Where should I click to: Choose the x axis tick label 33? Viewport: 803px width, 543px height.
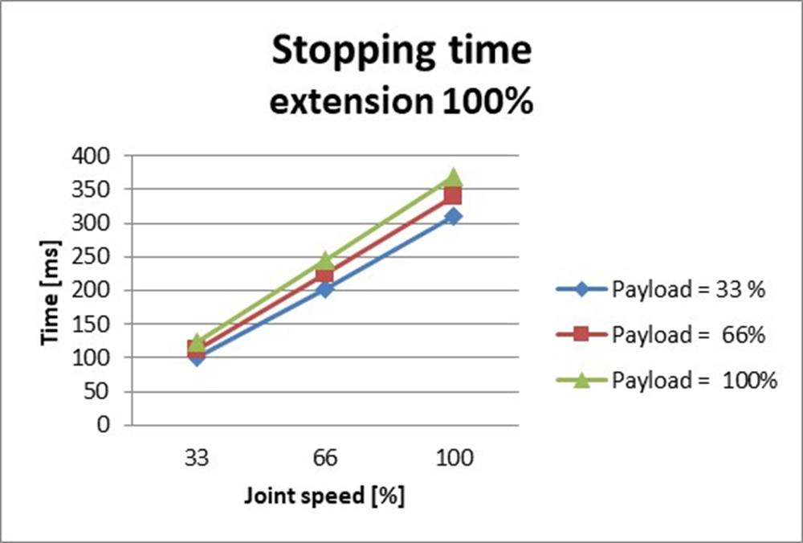pyautogui.click(x=197, y=459)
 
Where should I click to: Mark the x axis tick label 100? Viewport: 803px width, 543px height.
pyautogui.click(x=454, y=459)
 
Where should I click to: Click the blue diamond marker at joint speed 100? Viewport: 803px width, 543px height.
pyautogui.click(x=454, y=216)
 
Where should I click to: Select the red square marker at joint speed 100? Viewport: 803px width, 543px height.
pyautogui.click(x=454, y=195)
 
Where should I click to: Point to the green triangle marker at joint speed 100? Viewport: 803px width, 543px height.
pyautogui.click(x=454, y=177)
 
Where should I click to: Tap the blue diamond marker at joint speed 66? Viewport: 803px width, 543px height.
pyautogui.click(x=324, y=288)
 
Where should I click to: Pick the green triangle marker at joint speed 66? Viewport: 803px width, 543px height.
pyautogui.click(x=324, y=260)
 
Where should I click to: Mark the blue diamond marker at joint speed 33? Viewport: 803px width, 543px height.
pyautogui.click(x=197, y=357)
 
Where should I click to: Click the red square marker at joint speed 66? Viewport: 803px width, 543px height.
pyautogui.click(x=324, y=275)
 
